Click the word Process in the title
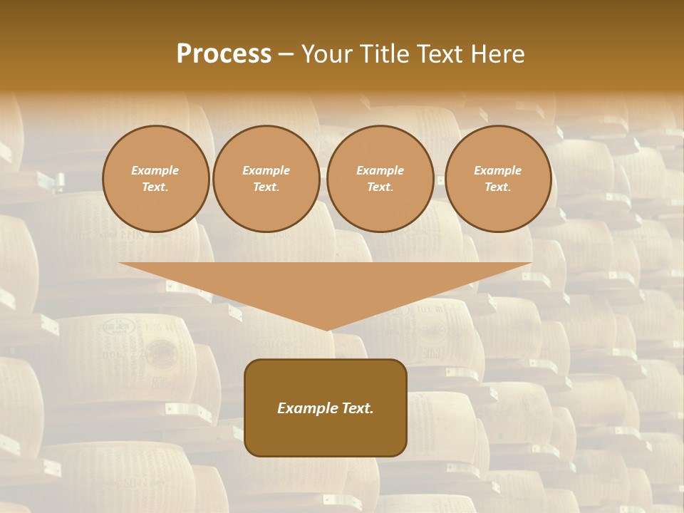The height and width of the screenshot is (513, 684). [224, 54]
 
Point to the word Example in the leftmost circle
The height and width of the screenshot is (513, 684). [155, 170]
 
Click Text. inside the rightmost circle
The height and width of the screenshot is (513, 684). [498, 187]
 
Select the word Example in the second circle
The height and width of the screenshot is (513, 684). [266, 170]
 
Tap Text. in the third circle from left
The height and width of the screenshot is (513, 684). [380, 187]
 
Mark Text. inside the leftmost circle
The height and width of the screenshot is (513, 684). [155, 187]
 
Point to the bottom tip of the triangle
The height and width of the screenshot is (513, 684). [326, 328]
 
